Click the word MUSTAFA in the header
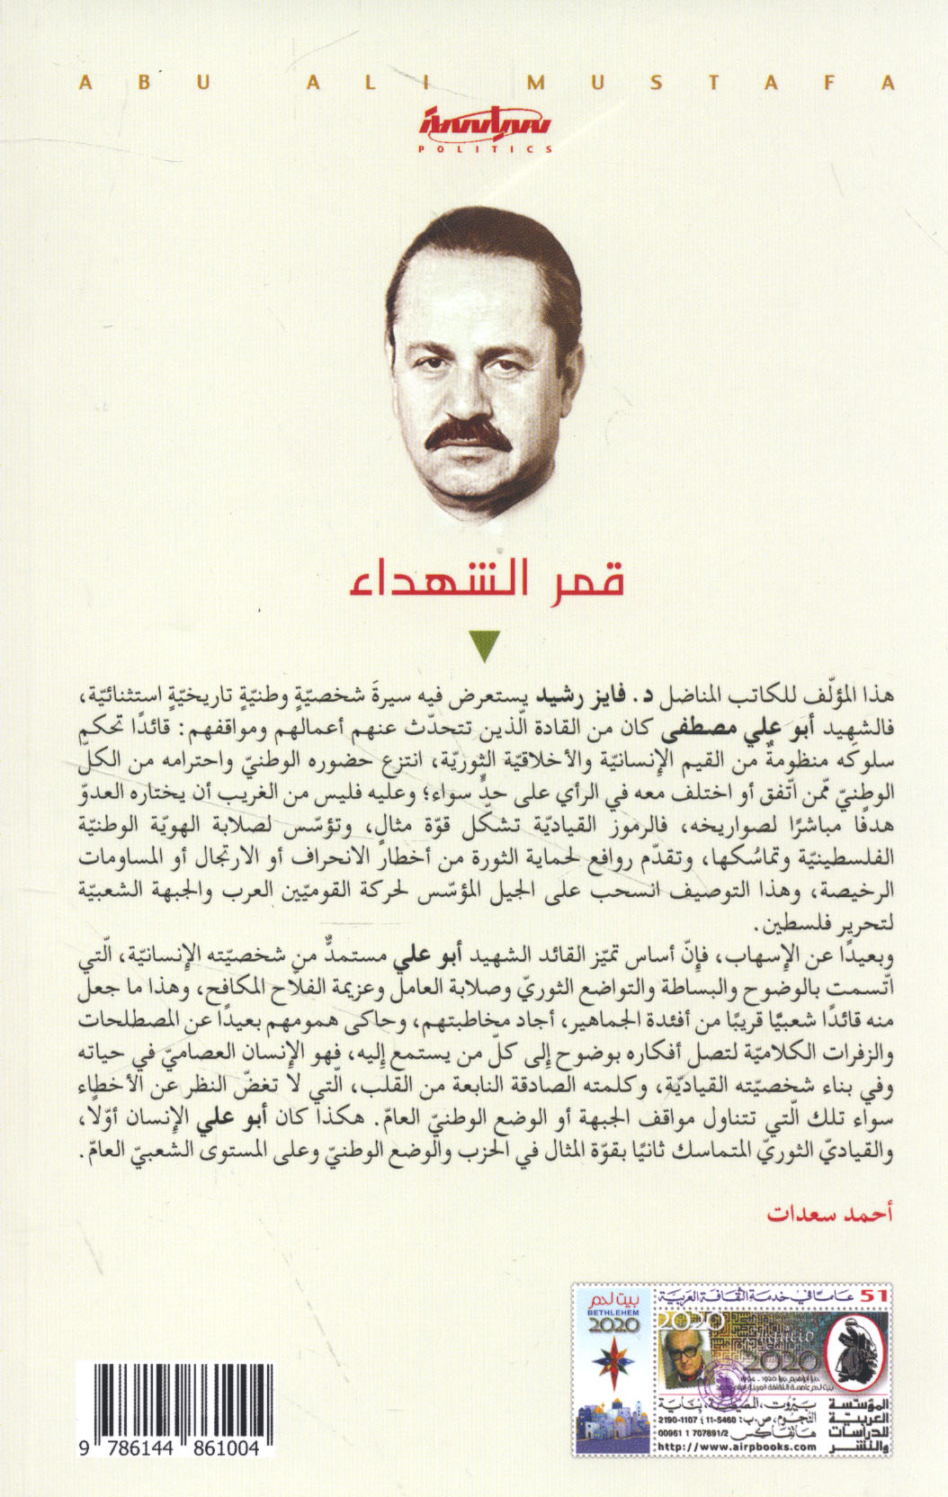711,83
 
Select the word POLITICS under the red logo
487,149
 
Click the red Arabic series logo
487,125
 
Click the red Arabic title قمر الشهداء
487,579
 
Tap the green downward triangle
486,646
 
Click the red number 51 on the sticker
872,1295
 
